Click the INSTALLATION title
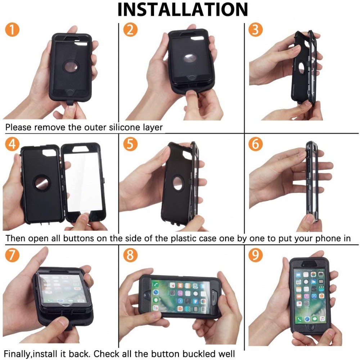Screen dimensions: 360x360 (x=183, y=9)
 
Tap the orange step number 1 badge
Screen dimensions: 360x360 (x=12, y=29)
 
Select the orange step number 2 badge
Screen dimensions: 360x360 (x=130, y=29)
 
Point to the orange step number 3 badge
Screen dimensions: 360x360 (x=255, y=29)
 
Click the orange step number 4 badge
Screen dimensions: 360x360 (x=12, y=144)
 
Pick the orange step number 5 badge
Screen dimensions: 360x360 (x=130, y=144)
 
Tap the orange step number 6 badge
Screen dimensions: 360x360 (x=255, y=144)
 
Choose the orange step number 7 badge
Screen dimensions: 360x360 (x=12, y=255)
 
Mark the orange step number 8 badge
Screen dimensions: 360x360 (x=130, y=255)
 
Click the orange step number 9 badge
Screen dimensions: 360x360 (x=255, y=255)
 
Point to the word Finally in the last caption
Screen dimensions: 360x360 (x=18, y=354)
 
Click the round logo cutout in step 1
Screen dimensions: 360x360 (x=71, y=67)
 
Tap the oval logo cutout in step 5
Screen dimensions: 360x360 (x=178, y=183)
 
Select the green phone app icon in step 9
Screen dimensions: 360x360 (x=300, y=319)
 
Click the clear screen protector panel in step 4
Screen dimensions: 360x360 (x=83, y=181)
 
